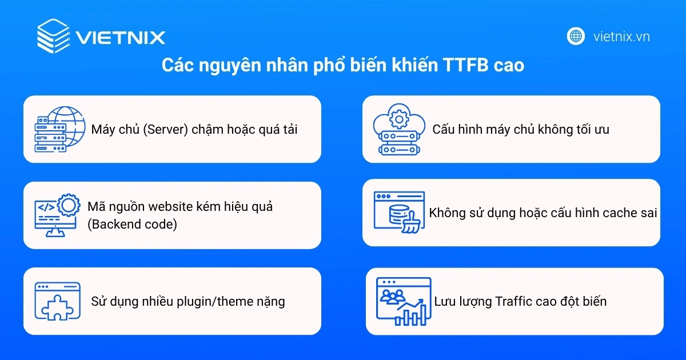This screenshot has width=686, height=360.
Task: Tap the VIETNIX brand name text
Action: [121, 38]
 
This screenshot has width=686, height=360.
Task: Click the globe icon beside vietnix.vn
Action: [576, 36]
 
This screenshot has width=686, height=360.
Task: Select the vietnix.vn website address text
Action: [621, 37]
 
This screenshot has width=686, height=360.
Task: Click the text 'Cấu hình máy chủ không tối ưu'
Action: [520, 129]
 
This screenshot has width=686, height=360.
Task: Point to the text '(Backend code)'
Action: [132, 225]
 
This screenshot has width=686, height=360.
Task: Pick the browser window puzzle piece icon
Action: [57, 301]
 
